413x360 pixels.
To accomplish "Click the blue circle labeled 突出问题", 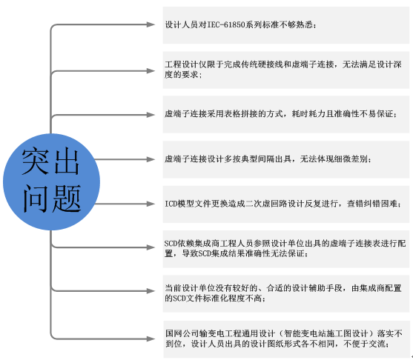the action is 51,181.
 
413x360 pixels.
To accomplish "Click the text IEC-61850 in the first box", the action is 226,24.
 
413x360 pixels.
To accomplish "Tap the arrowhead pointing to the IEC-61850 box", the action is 151,24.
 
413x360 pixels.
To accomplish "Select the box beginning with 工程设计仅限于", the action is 286,70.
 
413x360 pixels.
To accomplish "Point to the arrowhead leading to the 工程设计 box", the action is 151,71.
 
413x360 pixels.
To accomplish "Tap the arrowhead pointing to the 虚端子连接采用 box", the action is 151,115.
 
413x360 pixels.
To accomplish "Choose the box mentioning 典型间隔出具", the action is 286,159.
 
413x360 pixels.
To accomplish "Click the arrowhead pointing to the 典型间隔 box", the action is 151,159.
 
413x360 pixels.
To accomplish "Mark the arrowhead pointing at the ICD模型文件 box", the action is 151,204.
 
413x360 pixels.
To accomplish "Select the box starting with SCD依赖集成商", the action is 286,249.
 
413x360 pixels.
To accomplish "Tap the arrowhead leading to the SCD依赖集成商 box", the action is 151,247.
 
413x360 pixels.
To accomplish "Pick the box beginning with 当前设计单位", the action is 286,293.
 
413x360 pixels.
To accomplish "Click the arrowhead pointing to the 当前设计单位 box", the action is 151,291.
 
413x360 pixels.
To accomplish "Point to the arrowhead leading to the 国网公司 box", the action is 151,339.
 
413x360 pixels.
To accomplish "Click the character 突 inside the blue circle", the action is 36,161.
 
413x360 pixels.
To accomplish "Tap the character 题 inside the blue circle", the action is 67,199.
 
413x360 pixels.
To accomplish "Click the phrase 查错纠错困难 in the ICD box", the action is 372,204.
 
